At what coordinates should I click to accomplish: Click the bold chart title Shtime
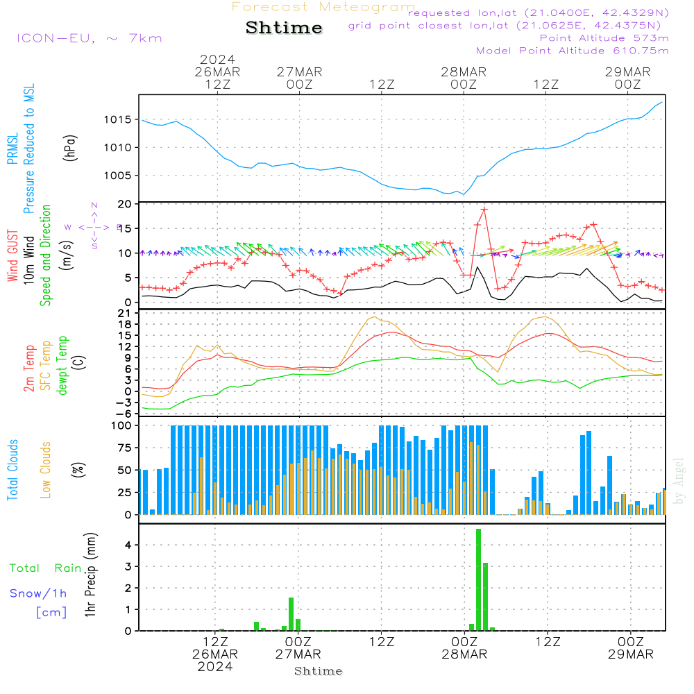[285, 28]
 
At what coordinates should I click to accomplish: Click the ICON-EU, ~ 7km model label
[90, 38]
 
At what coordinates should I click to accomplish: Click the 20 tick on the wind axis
[126, 204]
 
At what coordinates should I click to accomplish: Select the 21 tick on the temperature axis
[126, 313]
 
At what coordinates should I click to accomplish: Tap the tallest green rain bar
[478, 579]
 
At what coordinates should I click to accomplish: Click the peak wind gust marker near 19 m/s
[484, 209]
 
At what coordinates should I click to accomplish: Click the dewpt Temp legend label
[62, 366]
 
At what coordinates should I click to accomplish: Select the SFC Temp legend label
[46, 366]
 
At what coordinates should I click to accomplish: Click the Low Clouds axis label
[46, 469]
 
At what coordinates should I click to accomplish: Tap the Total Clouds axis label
[12, 469]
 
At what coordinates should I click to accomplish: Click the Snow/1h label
[38, 593]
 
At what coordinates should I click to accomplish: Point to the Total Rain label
[45, 568]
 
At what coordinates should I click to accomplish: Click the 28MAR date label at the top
[463, 72]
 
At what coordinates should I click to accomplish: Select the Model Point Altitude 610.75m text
[572, 51]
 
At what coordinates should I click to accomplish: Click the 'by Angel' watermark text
[679, 480]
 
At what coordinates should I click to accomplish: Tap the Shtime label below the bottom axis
[319, 671]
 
